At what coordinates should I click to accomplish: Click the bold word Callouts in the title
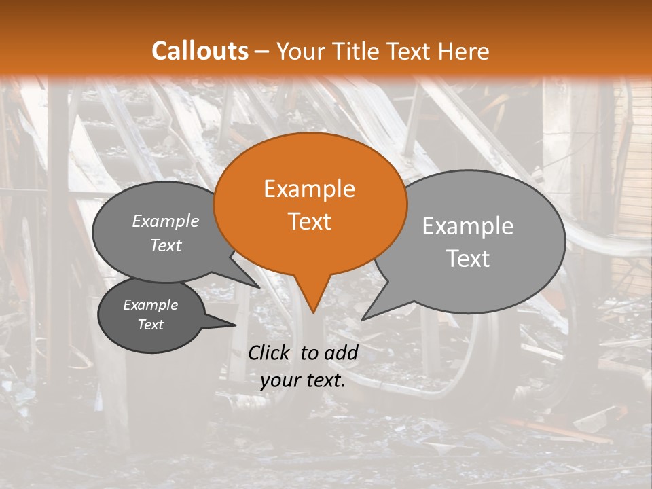tap(200, 51)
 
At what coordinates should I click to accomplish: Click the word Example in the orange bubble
tap(309, 189)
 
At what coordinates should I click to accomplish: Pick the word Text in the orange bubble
tap(309, 221)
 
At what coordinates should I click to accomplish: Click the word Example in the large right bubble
tap(468, 226)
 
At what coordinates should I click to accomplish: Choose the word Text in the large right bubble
tap(468, 259)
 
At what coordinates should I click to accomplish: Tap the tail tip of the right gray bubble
tap(363, 319)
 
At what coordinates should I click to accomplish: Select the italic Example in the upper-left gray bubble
tap(165, 221)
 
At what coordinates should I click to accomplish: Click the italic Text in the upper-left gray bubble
tap(165, 246)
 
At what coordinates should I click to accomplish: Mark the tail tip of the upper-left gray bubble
tap(259, 287)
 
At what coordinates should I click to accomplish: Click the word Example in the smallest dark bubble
tap(150, 305)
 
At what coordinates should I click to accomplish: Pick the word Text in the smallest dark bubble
tap(150, 325)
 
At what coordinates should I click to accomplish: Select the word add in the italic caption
tap(341, 352)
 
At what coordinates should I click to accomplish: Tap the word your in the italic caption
tap(280, 380)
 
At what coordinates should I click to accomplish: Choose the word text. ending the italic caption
tap(325, 380)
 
